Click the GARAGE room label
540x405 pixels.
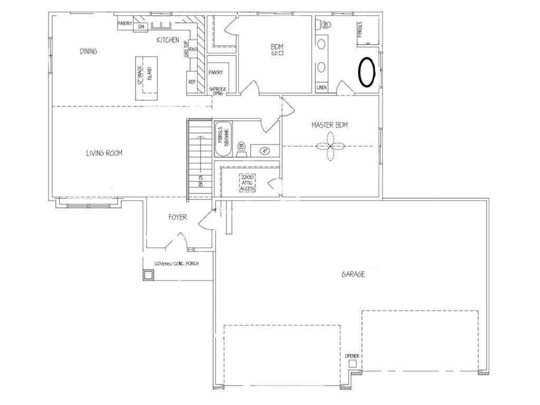pyautogui.click(x=353, y=274)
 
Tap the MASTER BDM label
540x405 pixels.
pyautogui.click(x=329, y=125)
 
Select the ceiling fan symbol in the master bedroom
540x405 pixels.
pyautogui.click(x=330, y=146)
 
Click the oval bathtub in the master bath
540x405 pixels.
pyautogui.click(x=367, y=72)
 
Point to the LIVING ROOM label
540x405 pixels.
pyautogui.click(x=104, y=153)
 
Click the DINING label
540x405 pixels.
pyautogui.click(x=89, y=51)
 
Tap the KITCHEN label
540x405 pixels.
pyautogui.click(x=168, y=40)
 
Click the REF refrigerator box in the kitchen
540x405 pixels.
pyautogui.click(x=192, y=82)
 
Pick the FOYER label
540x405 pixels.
pyautogui.click(x=177, y=217)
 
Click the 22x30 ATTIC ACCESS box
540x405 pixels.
pyautogui.click(x=248, y=182)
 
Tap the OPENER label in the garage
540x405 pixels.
pyautogui.click(x=352, y=356)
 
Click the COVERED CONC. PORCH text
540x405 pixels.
pyautogui.click(x=176, y=264)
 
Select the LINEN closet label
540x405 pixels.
pyautogui.click(x=321, y=88)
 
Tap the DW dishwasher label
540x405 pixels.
pyautogui.click(x=141, y=26)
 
